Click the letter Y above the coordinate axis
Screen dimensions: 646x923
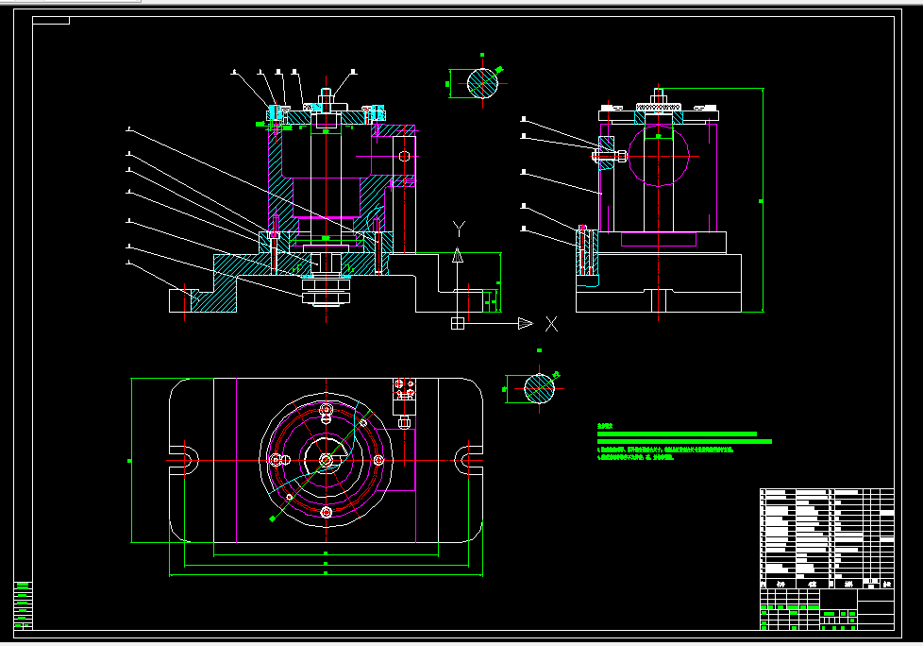pos(459,228)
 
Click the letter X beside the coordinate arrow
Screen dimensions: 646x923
pos(551,324)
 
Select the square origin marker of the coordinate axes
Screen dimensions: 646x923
pos(458,324)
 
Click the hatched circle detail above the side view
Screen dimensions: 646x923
pos(482,83)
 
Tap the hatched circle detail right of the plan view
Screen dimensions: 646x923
pos(540,387)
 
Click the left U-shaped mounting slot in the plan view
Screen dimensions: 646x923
pos(185,460)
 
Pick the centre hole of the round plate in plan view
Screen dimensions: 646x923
pos(326,460)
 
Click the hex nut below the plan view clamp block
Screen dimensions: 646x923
pos(404,421)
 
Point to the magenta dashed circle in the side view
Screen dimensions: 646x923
pos(658,153)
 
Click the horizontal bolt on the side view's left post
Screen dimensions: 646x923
pos(607,154)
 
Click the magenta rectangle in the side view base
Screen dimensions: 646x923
pos(661,240)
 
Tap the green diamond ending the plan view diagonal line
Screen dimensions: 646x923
pos(272,519)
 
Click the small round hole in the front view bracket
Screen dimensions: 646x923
pos(406,156)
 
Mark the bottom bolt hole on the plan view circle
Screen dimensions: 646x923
pos(326,512)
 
